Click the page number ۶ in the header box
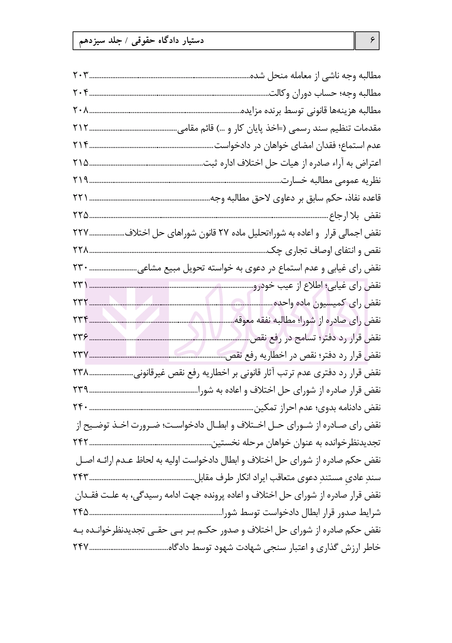pos(367,41)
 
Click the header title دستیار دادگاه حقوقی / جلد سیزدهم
pos(142,41)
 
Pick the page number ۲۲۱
pos(80,198)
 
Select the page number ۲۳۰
pos(80,268)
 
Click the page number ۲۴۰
pos(80,408)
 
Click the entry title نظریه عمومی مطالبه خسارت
pos(331,180)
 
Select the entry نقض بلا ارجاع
pos(355,216)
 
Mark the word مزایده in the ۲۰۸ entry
pos(251,111)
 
